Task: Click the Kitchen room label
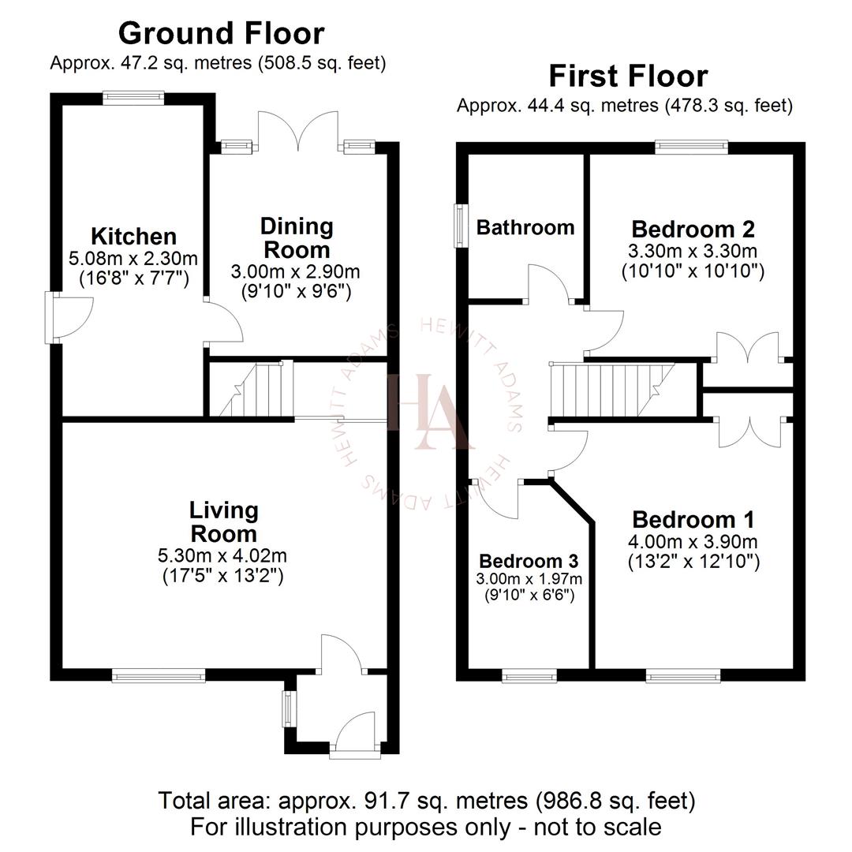(x=133, y=236)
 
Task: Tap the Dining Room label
(x=297, y=237)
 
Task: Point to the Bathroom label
(x=525, y=228)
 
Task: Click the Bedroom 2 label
(x=693, y=230)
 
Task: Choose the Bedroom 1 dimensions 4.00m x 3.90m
(x=693, y=542)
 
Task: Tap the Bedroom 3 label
(x=529, y=561)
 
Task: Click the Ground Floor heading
(x=221, y=33)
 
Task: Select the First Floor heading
(x=627, y=77)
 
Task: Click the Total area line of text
(x=427, y=801)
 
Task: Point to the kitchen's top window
(x=134, y=98)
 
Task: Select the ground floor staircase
(x=249, y=388)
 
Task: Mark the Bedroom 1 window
(x=682, y=674)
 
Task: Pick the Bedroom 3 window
(x=529, y=674)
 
